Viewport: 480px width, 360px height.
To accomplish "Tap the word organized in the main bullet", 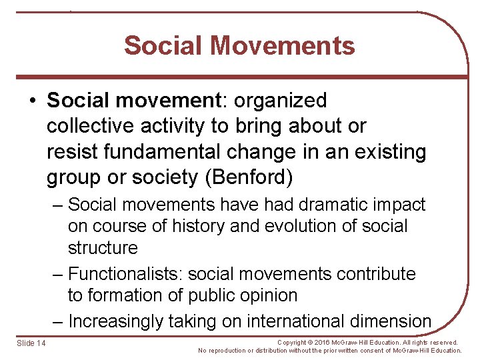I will coord(279,101).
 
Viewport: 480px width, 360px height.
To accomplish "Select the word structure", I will coord(103,248).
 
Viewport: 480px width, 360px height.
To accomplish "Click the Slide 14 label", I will coord(31,343).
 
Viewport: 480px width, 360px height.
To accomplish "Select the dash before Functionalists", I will coord(57,274).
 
